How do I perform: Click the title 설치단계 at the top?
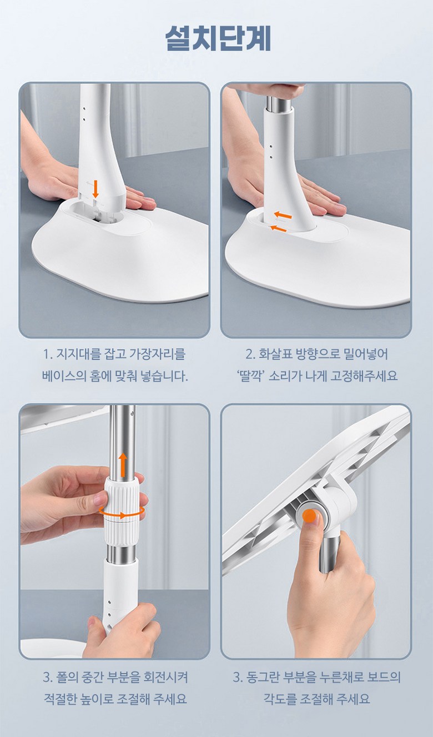(218, 38)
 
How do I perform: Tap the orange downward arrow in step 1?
(95, 188)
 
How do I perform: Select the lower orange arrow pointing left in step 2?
(278, 228)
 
